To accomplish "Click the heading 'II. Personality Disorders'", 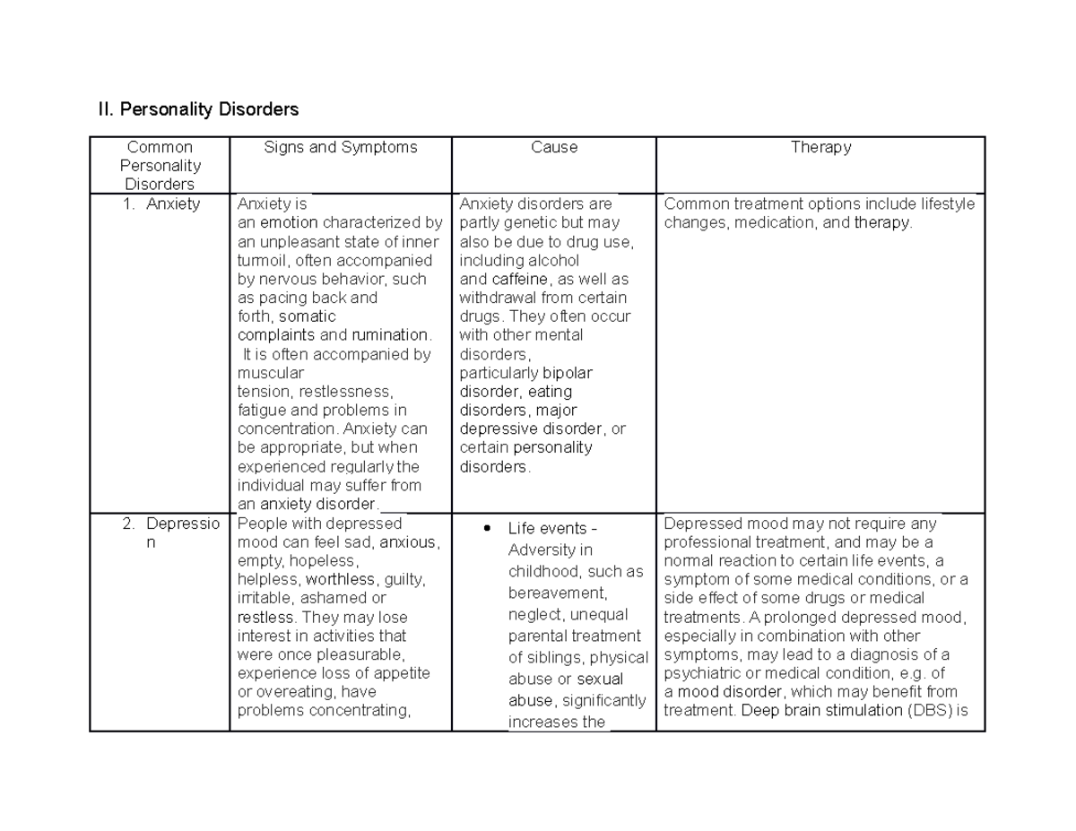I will pyautogui.click(x=197, y=109).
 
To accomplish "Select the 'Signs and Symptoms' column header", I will pyautogui.click(x=341, y=147).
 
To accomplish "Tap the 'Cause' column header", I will pyautogui.click(x=554, y=147).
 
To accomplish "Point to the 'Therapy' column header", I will pyautogui.click(x=820, y=147).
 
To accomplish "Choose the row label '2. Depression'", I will pyautogui.click(x=170, y=532).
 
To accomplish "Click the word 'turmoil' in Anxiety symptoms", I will pyautogui.click(x=264, y=260).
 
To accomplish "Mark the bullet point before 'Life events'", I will pyautogui.click(x=487, y=528).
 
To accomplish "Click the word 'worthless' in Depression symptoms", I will pyautogui.click(x=340, y=579).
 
